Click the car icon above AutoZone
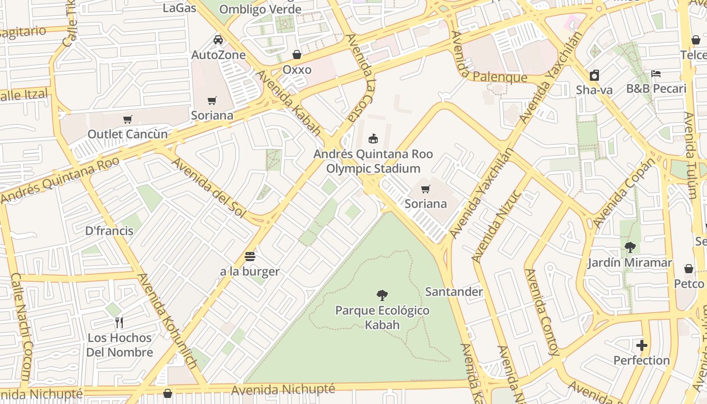tap(218, 40)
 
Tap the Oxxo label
tap(297, 70)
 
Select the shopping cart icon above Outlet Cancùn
tap(128, 120)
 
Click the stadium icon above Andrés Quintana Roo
tap(373, 138)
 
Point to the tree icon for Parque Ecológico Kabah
tap(382, 295)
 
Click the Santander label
tap(453, 292)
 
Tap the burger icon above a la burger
tap(249, 257)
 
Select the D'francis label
tap(109, 231)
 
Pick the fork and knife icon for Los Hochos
tap(119, 323)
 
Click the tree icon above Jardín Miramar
tap(630, 247)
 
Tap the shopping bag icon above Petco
tap(689, 269)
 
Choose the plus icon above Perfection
tap(642, 345)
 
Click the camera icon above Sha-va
tap(594, 75)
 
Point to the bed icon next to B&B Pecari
tap(656, 74)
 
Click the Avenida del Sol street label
tap(209, 188)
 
